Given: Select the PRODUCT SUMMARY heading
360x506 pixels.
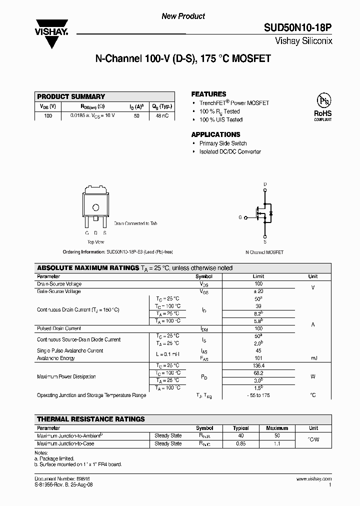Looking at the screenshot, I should [71, 96].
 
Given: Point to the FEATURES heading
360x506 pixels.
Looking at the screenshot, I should [208, 94].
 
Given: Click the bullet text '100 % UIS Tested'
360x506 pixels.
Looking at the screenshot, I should [221, 120].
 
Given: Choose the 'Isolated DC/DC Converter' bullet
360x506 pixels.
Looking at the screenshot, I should [230, 152].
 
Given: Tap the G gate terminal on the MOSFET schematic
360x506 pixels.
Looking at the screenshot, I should [240, 217].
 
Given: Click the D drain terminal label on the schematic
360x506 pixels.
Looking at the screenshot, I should [265, 184].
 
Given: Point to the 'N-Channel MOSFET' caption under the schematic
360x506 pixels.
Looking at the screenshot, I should [264, 252].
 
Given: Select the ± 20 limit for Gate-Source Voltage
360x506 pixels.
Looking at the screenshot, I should [258, 291].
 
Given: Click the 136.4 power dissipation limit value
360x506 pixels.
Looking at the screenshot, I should [258, 365].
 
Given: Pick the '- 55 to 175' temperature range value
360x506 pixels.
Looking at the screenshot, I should [258, 395].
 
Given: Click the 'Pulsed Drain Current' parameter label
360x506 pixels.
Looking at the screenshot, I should [59, 328].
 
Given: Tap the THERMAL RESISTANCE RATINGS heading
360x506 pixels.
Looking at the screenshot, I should [91, 419].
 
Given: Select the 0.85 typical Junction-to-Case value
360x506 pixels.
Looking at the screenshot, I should [241, 443].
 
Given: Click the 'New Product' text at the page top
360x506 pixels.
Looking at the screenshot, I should [183, 16].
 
